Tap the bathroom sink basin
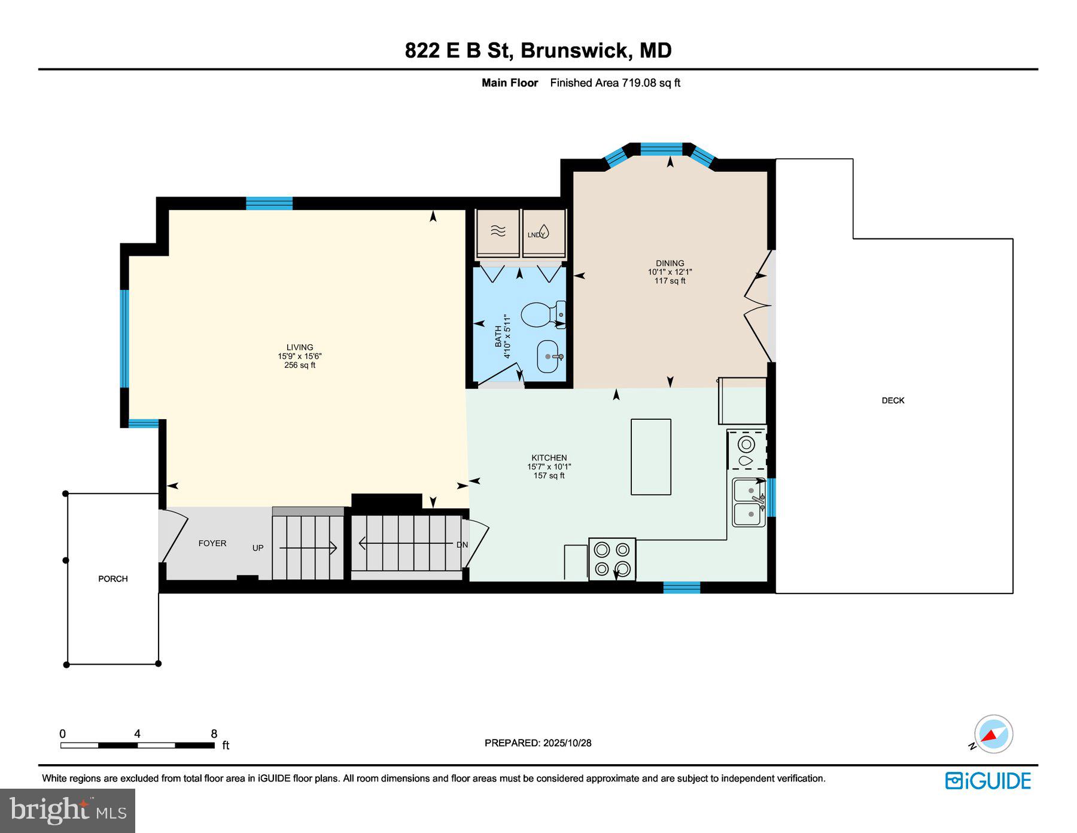(x=549, y=357)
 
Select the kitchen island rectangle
(x=650, y=456)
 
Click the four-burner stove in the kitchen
(x=612, y=559)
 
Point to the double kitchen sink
(x=749, y=502)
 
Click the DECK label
(x=893, y=401)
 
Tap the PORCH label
(x=113, y=578)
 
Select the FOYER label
(x=212, y=543)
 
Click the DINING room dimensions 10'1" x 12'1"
(x=670, y=272)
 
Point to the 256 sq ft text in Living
(x=300, y=365)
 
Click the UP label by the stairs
(x=258, y=548)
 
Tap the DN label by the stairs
(x=462, y=545)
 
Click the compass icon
(x=993, y=734)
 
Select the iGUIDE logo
(x=988, y=781)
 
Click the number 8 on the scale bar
(x=214, y=734)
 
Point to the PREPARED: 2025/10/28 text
(x=538, y=743)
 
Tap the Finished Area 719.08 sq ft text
(x=615, y=83)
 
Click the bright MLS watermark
(x=68, y=810)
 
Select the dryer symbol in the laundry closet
(x=498, y=231)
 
